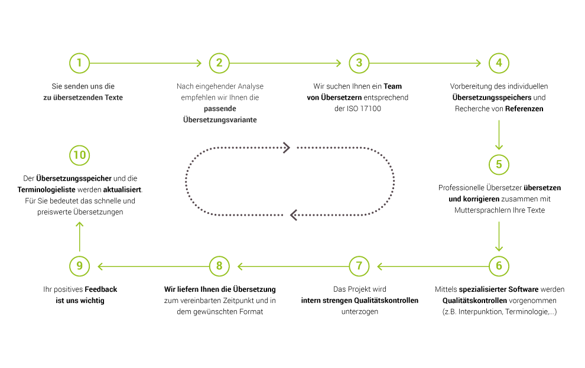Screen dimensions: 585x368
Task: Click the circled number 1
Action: (79, 63)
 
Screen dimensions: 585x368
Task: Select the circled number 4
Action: (499, 63)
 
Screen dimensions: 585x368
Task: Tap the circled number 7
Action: (359, 266)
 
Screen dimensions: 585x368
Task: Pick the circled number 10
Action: (79, 155)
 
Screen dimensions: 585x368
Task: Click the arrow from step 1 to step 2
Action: (145, 63)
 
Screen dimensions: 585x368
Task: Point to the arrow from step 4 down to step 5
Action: (499, 135)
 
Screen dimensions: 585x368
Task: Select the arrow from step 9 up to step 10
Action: (79, 236)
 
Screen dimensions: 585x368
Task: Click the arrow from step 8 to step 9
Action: (153, 266)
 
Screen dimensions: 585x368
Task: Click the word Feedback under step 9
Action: (100, 289)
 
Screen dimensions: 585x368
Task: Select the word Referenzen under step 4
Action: (524, 109)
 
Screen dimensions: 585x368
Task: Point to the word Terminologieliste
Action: (46, 190)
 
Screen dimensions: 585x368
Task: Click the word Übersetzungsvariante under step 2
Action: (220, 120)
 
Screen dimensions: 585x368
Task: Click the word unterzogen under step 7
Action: (360, 312)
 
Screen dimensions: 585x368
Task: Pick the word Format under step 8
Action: (251, 312)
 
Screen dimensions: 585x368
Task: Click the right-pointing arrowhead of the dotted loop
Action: (287, 148)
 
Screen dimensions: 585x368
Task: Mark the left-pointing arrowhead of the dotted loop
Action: (294, 215)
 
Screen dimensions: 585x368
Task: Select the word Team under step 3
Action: (393, 86)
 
